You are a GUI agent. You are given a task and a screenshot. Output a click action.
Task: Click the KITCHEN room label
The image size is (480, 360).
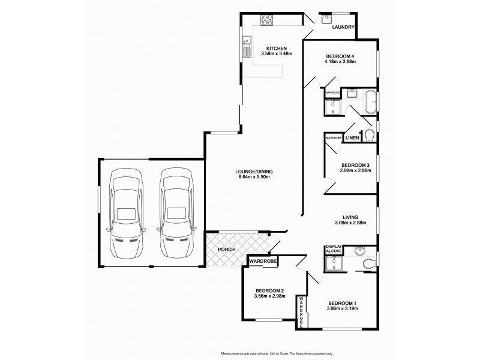pyautogui.click(x=277, y=48)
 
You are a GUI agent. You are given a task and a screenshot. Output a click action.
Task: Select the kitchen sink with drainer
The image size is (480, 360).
pyautogui.click(x=247, y=45)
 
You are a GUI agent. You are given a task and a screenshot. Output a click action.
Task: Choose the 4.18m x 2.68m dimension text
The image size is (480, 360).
pyautogui.click(x=340, y=61)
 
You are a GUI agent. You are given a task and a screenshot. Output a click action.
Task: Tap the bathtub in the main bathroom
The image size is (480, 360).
pyautogui.click(x=370, y=102)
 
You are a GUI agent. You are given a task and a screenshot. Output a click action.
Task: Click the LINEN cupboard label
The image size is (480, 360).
pyautogui.click(x=352, y=138)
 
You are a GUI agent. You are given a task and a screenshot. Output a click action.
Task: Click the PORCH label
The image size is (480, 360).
pyautogui.click(x=226, y=249)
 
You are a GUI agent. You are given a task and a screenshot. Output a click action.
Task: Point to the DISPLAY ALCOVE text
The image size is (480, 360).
pyautogui.click(x=333, y=250)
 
